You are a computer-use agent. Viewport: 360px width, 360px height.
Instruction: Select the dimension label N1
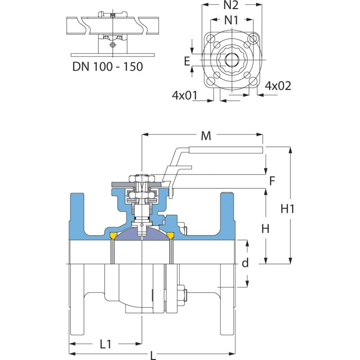[x=232, y=20]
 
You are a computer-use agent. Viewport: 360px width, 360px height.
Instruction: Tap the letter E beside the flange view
[x=187, y=62]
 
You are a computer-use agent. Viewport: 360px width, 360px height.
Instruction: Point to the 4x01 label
[x=185, y=96]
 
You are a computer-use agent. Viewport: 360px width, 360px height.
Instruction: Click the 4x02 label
[x=278, y=85]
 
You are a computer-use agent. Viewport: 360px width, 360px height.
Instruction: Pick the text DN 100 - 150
[x=108, y=67]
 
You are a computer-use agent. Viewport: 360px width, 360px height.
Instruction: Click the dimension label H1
[x=288, y=209]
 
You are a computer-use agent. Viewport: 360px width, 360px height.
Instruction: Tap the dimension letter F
[x=271, y=181]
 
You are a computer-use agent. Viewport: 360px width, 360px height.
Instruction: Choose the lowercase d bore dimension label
[x=245, y=263]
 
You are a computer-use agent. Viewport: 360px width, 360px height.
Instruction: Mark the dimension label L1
[x=105, y=344]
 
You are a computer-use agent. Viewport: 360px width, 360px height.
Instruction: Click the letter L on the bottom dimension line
[x=153, y=355]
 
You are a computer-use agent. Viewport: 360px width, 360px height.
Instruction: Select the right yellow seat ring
[x=171, y=235]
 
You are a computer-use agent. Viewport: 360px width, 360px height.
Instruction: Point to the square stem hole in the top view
[x=232, y=59]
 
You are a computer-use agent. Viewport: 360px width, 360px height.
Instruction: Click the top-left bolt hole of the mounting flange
[x=211, y=37]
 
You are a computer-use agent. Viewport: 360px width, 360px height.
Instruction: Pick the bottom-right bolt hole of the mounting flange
[x=253, y=81]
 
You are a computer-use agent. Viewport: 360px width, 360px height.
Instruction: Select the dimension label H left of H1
[x=265, y=229]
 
